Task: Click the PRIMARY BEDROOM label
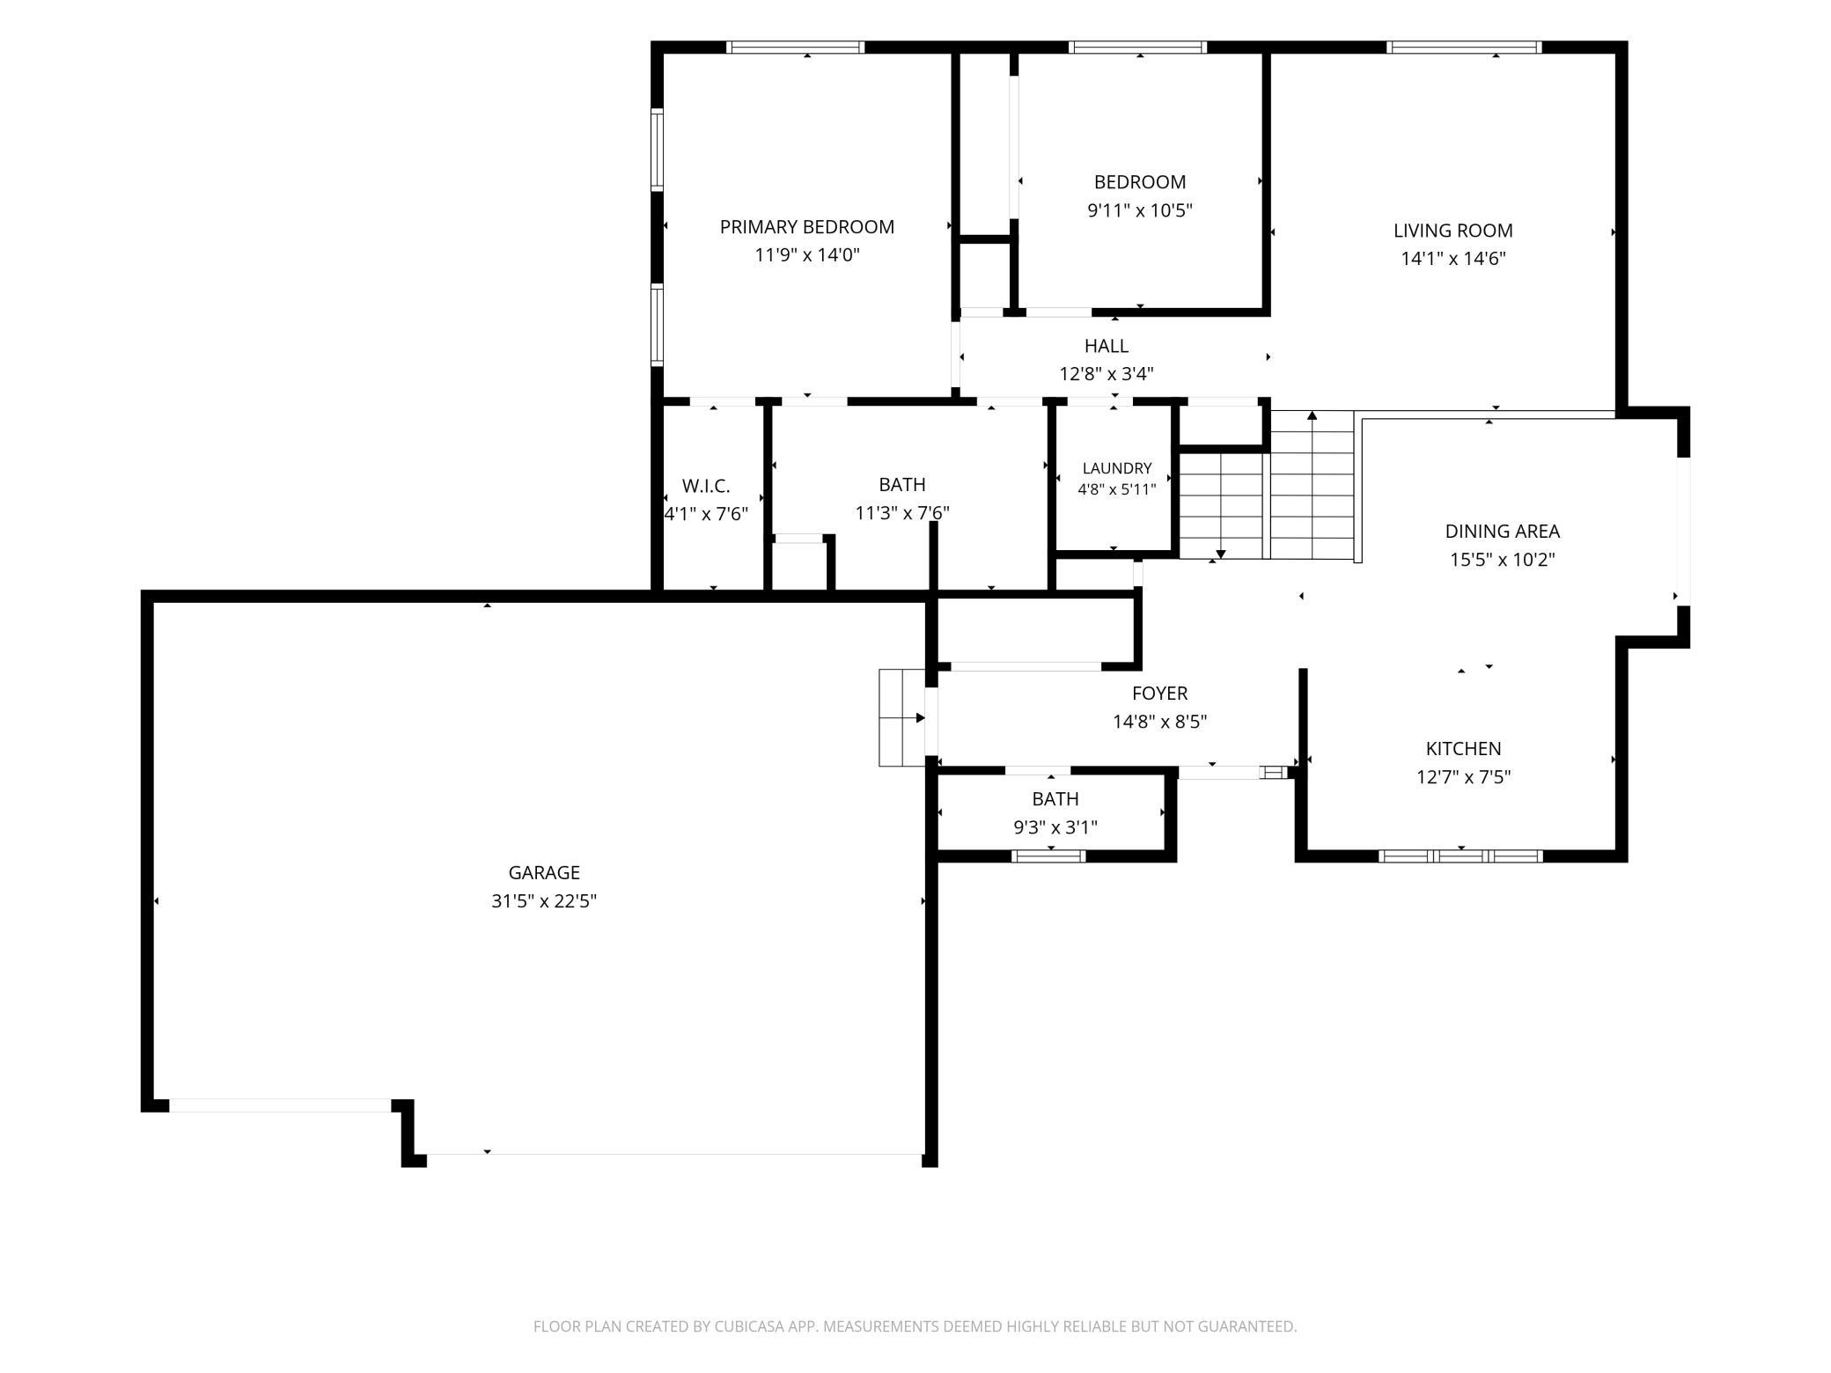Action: coord(806,227)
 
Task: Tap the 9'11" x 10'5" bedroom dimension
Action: coord(1139,210)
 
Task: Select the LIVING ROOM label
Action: coord(1452,231)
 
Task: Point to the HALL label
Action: coord(1106,346)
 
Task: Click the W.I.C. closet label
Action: coord(706,486)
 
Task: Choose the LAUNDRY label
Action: coord(1117,468)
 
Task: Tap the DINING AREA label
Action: coord(1502,532)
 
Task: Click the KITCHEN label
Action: coord(1463,749)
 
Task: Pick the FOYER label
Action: coord(1159,694)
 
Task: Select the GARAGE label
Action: coord(544,873)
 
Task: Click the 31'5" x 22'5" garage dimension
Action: coord(544,901)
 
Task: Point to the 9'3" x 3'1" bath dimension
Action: coord(1055,827)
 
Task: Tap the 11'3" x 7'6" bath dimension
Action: coord(902,512)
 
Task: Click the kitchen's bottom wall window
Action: coord(1460,855)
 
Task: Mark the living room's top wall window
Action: coord(1464,48)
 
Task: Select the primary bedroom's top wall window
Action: coord(795,48)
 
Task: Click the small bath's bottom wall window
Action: coord(1048,855)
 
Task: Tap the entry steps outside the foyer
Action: coord(902,717)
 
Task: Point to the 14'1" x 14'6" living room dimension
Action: coord(1453,259)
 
